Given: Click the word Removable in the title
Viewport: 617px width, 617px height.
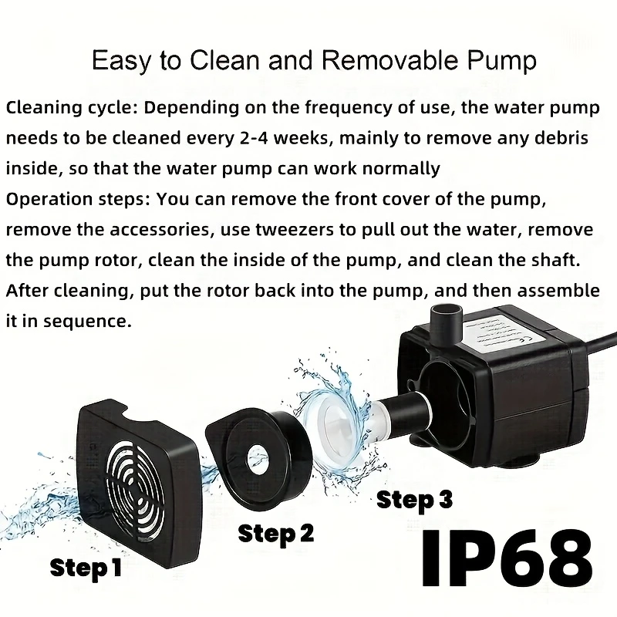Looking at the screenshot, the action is coord(389,60).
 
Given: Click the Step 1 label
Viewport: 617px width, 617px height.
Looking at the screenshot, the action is coord(86,568).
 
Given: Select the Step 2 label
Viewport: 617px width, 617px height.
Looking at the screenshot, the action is coord(276,534).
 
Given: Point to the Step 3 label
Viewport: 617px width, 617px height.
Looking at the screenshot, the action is coord(414,500).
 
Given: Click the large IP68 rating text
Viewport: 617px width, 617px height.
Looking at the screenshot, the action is coord(507,558).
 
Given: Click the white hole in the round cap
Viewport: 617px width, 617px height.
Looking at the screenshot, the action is coord(258,457).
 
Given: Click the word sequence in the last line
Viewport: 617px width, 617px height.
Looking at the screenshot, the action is coord(87,322).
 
